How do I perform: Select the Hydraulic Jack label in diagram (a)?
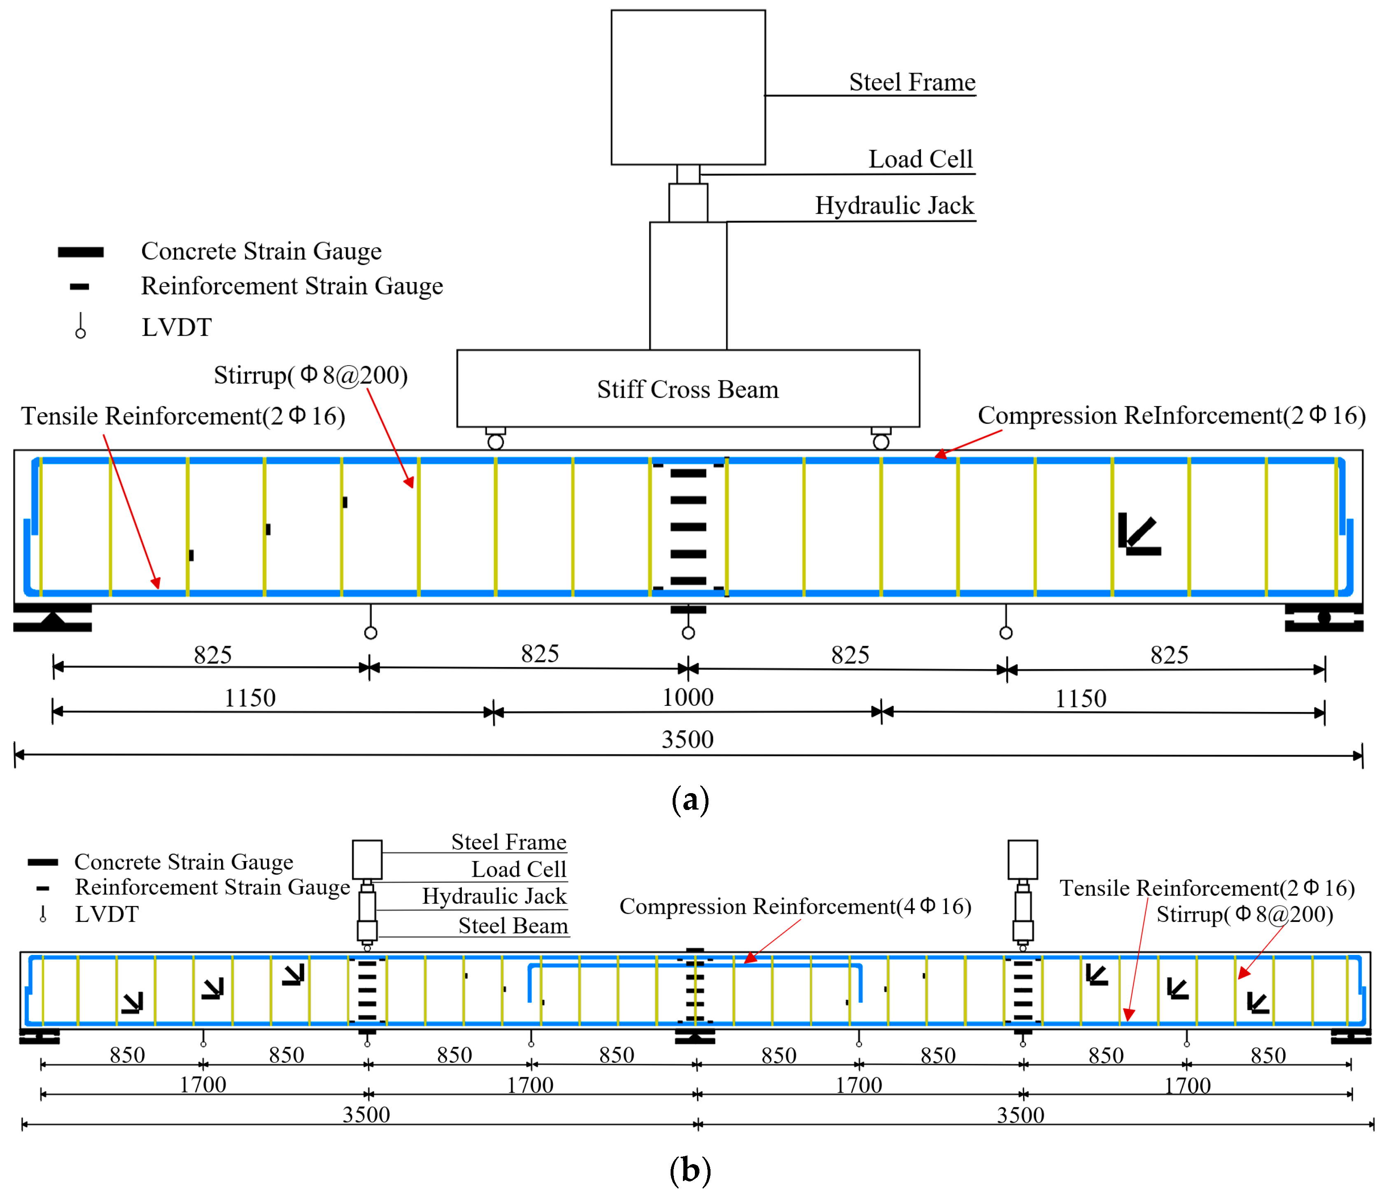point(894,205)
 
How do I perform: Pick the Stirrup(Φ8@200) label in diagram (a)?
point(310,375)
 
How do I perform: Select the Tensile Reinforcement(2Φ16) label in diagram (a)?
point(183,416)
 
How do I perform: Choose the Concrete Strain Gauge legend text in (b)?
point(183,862)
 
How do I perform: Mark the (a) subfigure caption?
point(690,800)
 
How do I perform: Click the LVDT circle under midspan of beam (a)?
point(688,633)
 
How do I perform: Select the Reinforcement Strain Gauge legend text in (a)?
point(291,287)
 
